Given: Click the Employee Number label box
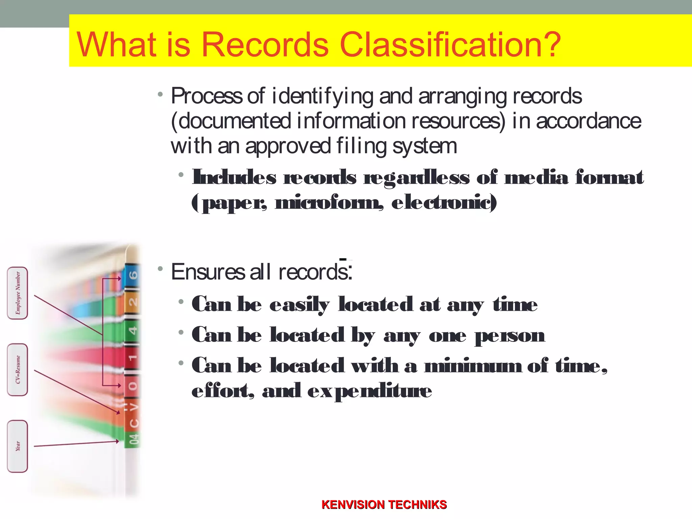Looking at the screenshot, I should [18, 293].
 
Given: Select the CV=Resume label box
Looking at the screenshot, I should [18, 370].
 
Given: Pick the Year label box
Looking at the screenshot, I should [18, 446].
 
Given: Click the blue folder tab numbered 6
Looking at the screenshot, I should [132, 275].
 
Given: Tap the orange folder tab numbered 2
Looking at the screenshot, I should [132, 302].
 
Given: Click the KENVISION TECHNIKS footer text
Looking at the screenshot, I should [384, 505].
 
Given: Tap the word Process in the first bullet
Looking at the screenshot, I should [206, 96].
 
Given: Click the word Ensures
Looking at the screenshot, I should [207, 272].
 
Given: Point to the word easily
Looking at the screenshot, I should [299, 305].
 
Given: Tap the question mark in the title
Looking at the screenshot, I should [549, 44].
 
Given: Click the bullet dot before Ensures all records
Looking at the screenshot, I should [160, 269].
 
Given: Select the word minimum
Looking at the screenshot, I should [473, 366].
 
